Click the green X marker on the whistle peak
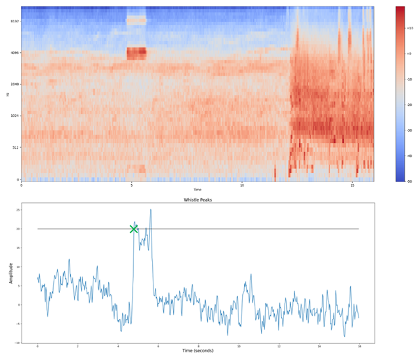click(x=134, y=229)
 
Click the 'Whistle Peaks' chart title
click(x=197, y=200)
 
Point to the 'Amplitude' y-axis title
click(x=10, y=273)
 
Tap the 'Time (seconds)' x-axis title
click(x=197, y=352)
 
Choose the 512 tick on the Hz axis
click(x=15, y=147)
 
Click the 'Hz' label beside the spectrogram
click(x=8, y=94)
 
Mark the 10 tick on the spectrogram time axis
click(x=242, y=186)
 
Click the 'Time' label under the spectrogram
click(x=197, y=190)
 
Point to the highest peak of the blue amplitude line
click(x=150, y=210)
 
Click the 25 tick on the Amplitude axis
click(x=17, y=210)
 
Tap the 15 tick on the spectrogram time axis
click(x=352, y=186)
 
